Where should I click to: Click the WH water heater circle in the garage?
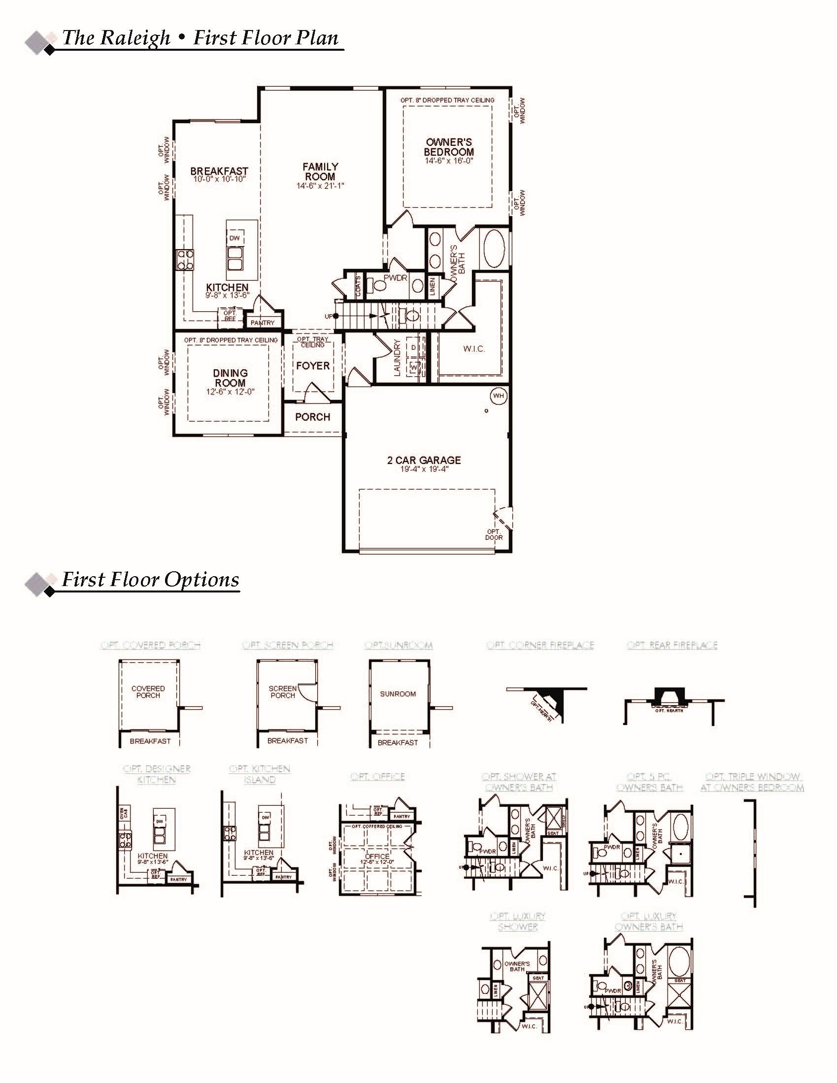click(x=499, y=395)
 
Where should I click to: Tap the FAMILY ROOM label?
click(x=321, y=171)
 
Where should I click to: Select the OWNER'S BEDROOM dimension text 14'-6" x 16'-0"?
click(x=449, y=161)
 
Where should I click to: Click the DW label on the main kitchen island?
click(x=234, y=238)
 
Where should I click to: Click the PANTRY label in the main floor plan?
click(x=263, y=323)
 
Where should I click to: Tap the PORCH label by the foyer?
click(x=312, y=417)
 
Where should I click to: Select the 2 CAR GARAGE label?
click(x=424, y=460)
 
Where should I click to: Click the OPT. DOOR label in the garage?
click(x=494, y=534)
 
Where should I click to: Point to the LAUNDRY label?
click(x=397, y=358)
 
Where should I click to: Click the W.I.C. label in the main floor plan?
click(x=474, y=349)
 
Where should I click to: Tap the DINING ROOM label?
click(x=230, y=378)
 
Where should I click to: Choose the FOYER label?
click(x=312, y=366)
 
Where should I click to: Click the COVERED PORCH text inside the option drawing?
click(x=148, y=692)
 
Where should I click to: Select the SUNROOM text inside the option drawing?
click(x=398, y=694)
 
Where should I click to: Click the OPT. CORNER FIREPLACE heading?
click(x=540, y=645)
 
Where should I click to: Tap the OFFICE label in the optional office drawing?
click(x=377, y=856)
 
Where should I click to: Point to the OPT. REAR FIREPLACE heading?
click(x=672, y=645)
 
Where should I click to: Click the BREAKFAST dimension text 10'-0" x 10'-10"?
click(x=219, y=179)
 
